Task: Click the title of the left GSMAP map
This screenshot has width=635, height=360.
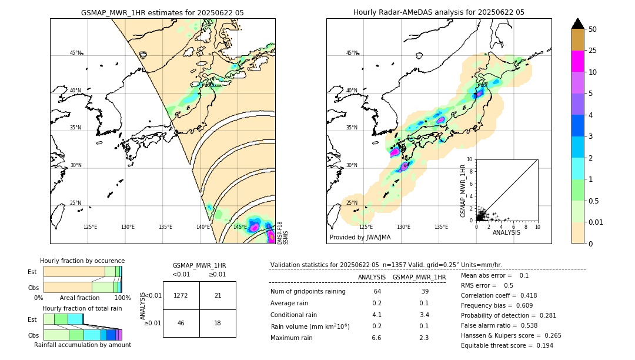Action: tap(162, 12)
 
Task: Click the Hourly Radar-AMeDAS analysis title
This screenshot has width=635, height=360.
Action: tap(439, 12)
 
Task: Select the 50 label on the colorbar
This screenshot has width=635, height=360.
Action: tap(593, 29)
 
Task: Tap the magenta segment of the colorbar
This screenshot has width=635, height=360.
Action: tap(577, 61)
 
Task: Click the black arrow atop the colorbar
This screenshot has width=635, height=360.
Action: tap(577, 24)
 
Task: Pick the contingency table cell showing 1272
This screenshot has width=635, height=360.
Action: tap(181, 295)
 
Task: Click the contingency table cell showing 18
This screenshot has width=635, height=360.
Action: tap(218, 323)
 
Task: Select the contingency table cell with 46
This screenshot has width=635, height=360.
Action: tap(181, 323)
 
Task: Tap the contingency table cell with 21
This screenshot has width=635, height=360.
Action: tap(218, 295)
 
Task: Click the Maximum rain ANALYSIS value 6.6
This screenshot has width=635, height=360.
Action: tap(377, 338)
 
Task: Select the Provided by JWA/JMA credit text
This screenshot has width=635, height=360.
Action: tap(360, 237)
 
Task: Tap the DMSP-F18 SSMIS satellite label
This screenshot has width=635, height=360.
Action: tap(283, 233)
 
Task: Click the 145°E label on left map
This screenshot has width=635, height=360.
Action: tap(240, 227)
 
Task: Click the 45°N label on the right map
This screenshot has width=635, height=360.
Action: tap(352, 53)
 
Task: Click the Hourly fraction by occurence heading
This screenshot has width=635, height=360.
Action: tap(82, 261)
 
